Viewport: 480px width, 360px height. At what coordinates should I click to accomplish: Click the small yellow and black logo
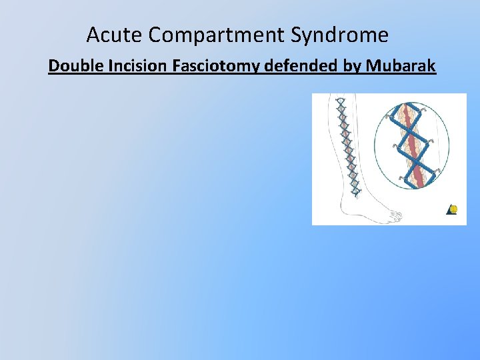point(452,209)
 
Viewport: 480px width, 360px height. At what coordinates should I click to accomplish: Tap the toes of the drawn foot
point(395,215)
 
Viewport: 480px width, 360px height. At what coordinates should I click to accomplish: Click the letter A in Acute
point(93,34)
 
